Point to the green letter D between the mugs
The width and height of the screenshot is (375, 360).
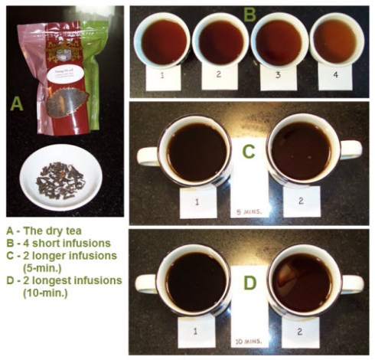[249, 282]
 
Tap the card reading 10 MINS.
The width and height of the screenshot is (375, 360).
[249, 338]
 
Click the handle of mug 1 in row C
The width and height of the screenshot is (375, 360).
[148, 155]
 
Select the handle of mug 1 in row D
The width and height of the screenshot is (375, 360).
[147, 284]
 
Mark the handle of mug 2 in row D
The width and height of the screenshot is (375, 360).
[352, 283]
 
